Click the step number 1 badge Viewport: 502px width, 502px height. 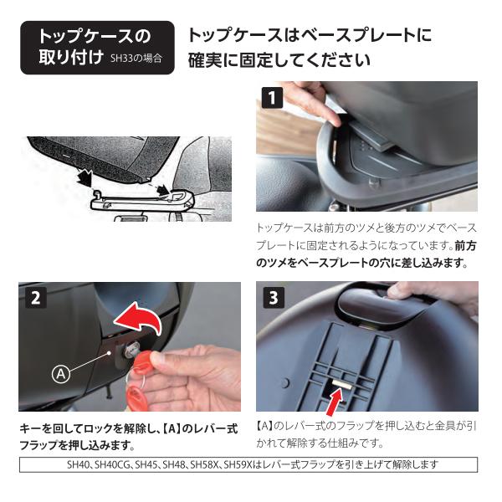coord(273,97)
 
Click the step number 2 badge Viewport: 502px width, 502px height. coord(35,297)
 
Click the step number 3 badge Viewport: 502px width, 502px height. coord(274,297)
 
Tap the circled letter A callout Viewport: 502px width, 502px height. coord(61,373)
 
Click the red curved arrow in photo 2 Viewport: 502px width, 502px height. coord(139,320)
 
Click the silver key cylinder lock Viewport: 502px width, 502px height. coord(131,351)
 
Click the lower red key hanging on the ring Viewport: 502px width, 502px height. coord(136,395)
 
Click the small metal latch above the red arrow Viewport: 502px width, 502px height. coord(342,383)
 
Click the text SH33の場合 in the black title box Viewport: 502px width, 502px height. coord(136,59)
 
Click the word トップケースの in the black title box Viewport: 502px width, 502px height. coord(94,37)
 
